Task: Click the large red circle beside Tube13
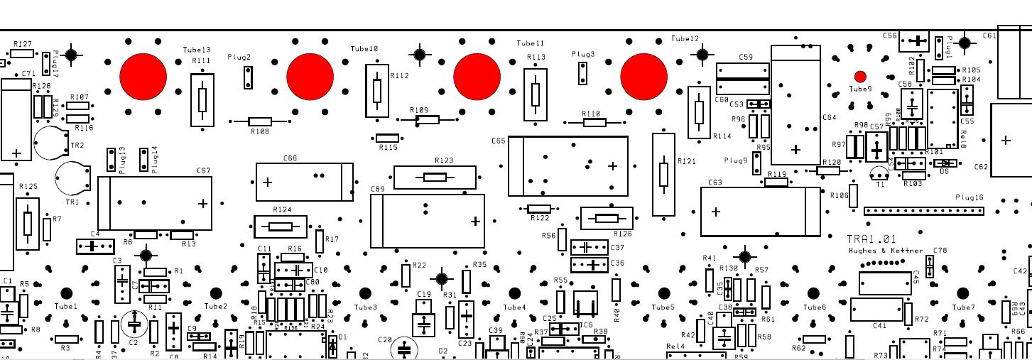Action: point(143,76)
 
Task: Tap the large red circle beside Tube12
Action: point(644,76)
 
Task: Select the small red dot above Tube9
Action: point(860,76)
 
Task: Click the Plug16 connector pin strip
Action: point(924,211)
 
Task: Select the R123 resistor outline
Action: point(435,177)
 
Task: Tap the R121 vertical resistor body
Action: point(663,174)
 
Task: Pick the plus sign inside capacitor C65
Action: point(613,166)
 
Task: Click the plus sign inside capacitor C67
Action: point(203,204)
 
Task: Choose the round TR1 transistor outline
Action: point(72,178)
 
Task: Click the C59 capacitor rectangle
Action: point(743,78)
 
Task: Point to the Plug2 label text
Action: point(239,57)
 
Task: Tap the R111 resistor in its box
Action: point(202,99)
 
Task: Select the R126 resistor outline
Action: point(606,219)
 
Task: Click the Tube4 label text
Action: point(514,307)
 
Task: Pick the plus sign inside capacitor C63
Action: point(716,212)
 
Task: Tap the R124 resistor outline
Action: point(281,227)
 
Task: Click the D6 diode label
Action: point(944,171)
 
